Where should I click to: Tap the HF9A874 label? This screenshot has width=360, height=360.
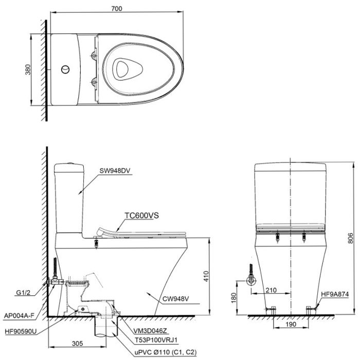pyautogui.click(x=335, y=295)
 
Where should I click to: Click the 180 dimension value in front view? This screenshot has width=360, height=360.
pyautogui.click(x=238, y=297)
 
